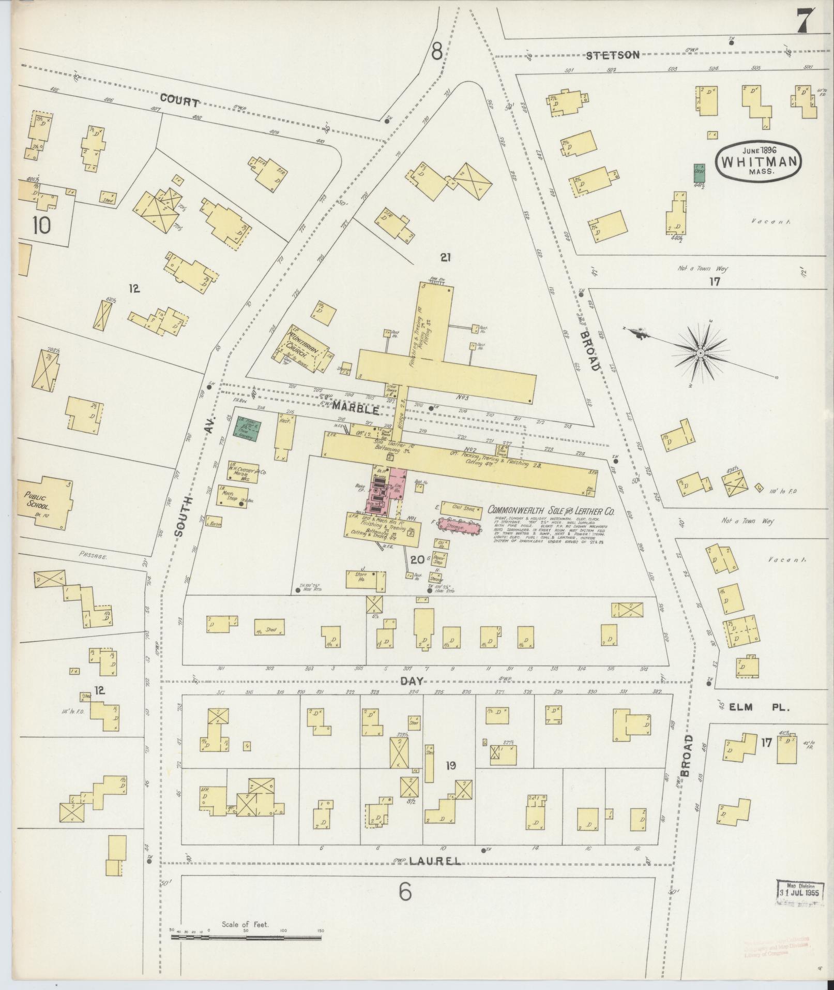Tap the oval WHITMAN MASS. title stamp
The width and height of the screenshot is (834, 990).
759,161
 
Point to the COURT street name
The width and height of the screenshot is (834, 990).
178,102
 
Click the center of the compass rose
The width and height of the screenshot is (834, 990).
700,353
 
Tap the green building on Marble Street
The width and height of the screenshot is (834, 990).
248,429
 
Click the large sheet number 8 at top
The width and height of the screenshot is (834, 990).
436,52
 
